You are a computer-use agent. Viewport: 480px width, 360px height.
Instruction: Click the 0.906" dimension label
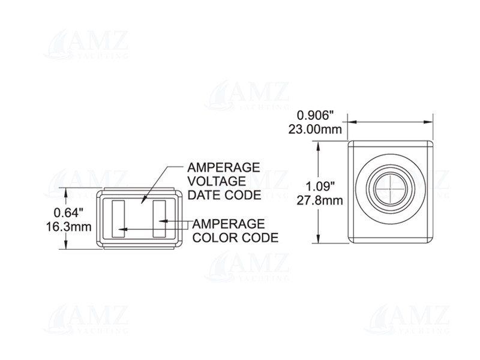point(315,115)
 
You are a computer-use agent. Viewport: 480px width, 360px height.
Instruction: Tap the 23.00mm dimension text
point(315,129)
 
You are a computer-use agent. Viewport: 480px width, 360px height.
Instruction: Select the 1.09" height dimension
point(320,186)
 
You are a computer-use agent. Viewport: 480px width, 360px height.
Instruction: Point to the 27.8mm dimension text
point(320,201)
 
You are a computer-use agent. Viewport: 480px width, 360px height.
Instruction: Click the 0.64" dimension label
point(68,212)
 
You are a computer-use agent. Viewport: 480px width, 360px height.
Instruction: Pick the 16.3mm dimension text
point(68,227)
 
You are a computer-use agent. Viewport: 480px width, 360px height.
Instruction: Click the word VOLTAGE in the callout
point(217,181)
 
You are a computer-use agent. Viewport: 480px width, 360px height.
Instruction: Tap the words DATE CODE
point(224,195)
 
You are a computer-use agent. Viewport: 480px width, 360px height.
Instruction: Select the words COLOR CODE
point(235,238)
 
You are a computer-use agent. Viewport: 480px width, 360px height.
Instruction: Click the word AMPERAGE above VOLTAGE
point(224,167)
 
